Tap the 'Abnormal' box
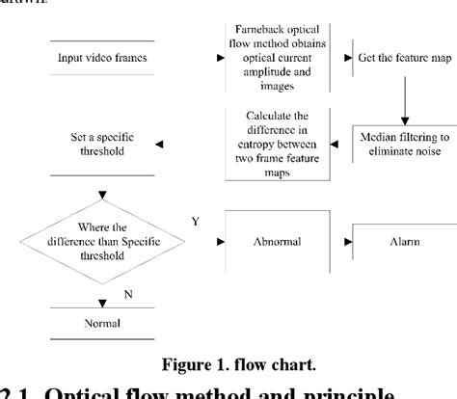pos(278,242)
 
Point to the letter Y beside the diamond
pos(196,223)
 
